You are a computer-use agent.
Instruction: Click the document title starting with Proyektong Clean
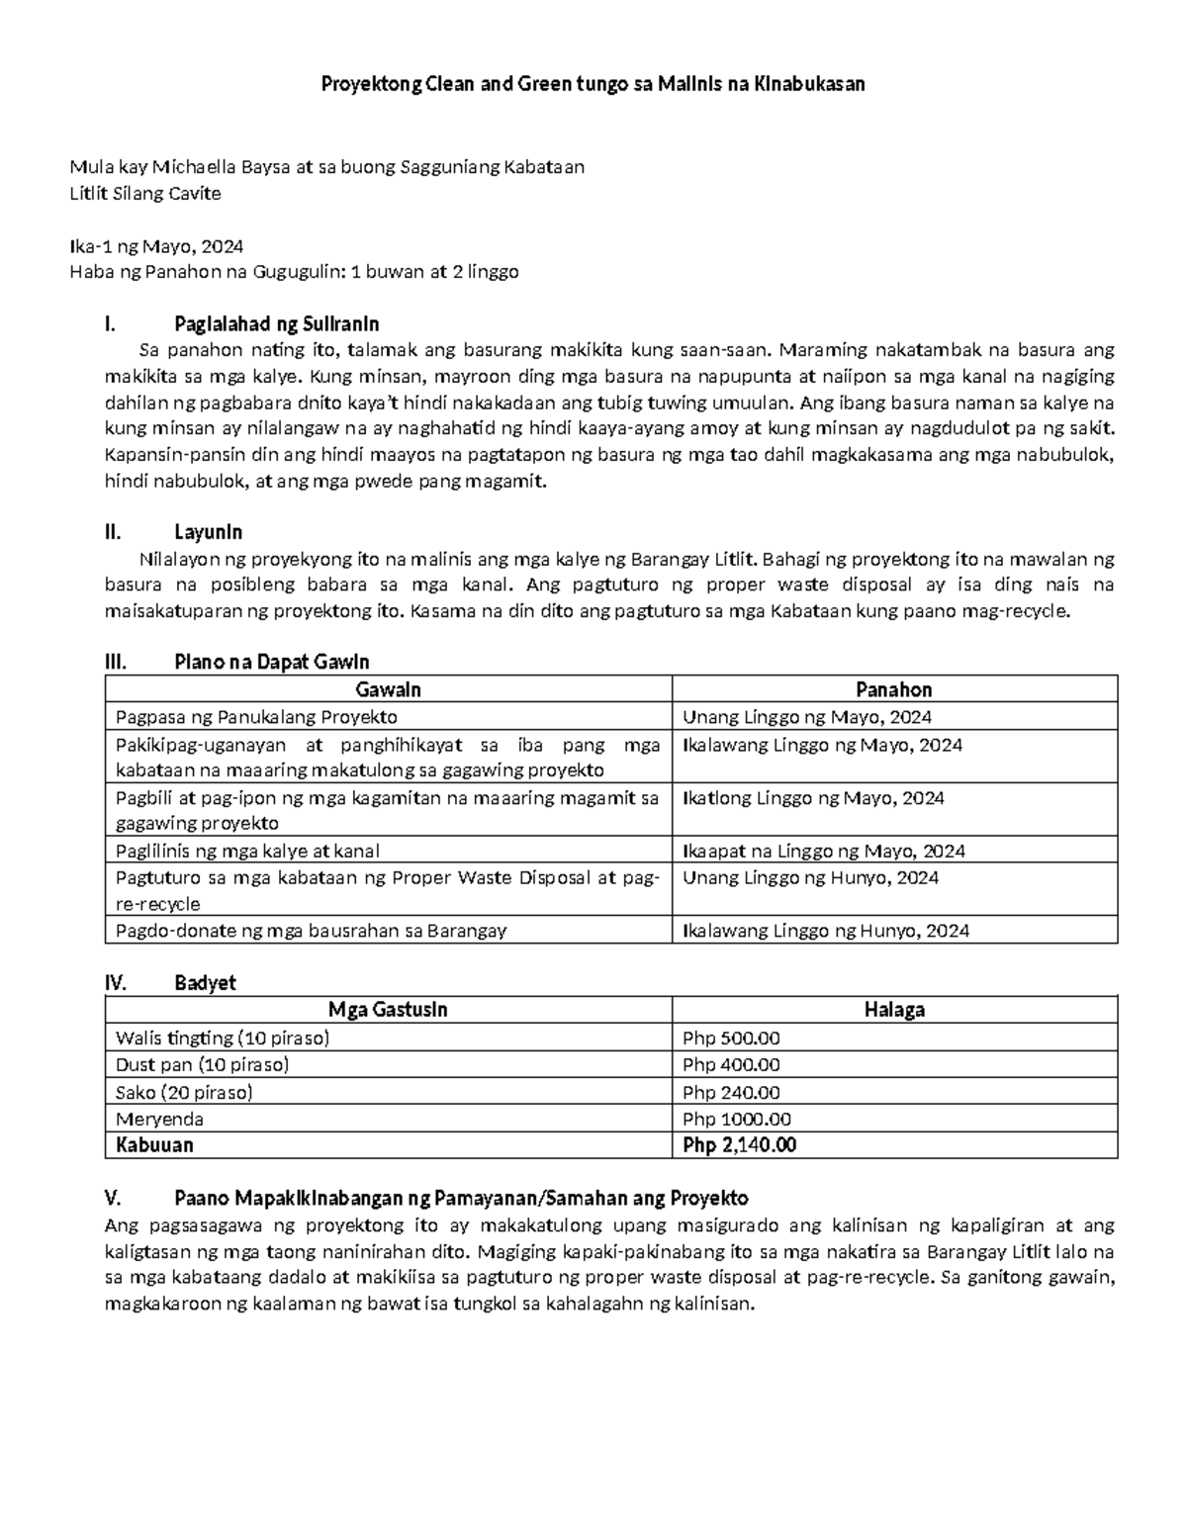593,84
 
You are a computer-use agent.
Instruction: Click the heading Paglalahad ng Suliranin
276,324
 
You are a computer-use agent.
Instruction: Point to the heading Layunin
208,532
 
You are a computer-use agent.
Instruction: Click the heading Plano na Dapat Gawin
271,663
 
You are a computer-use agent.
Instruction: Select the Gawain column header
388,689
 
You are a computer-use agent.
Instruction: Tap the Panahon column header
893,689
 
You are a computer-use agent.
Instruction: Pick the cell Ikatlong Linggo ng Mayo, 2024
813,798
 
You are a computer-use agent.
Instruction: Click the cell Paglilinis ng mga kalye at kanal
247,851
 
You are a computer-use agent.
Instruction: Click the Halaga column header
893,1010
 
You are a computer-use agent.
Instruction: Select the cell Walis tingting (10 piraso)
223,1039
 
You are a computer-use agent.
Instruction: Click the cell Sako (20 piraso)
184,1092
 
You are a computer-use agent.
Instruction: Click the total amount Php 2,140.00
739,1145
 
